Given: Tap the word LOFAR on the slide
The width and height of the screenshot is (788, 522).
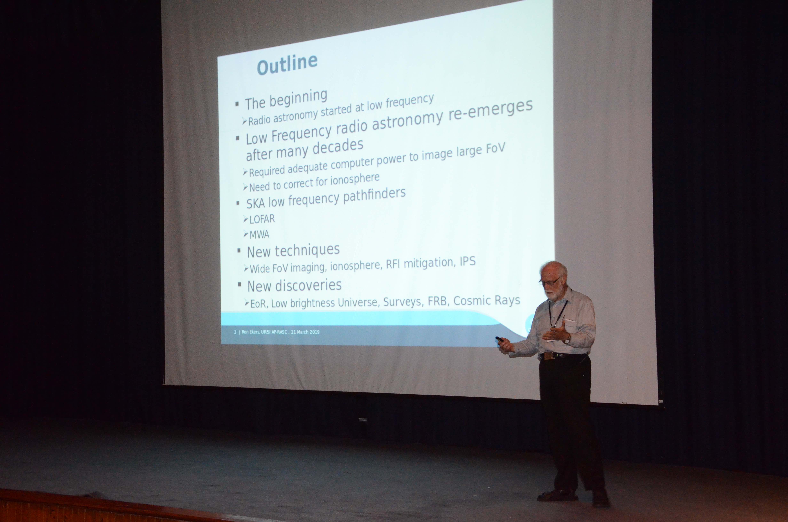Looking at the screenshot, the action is [x=262, y=219].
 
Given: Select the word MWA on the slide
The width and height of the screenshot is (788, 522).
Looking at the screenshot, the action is [x=259, y=235].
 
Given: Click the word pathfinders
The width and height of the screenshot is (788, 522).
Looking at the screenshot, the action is [x=374, y=195].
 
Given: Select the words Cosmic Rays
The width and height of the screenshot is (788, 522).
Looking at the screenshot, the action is [x=487, y=300].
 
